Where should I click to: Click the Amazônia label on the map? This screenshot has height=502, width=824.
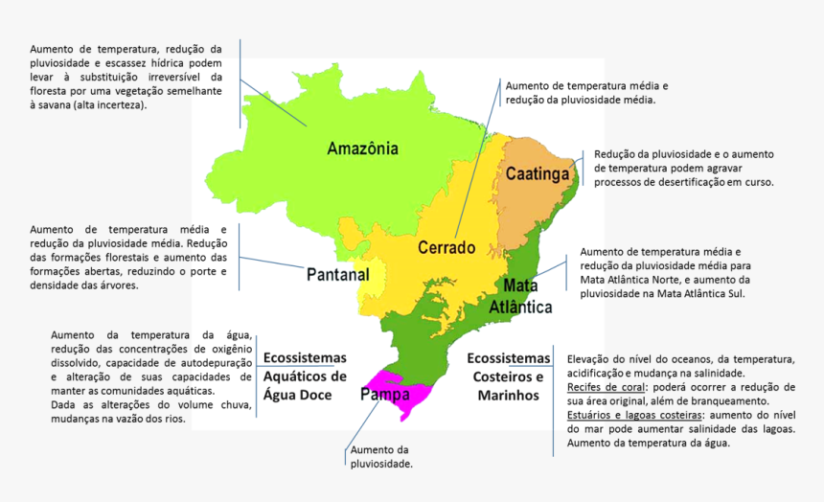(x=362, y=148)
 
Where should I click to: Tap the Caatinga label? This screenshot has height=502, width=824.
(x=538, y=174)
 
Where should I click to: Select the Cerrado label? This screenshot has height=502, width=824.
(x=446, y=247)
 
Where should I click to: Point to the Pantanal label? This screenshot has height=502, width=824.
(x=337, y=275)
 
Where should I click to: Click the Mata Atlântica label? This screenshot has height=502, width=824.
(x=520, y=297)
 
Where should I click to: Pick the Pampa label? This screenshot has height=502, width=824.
(x=385, y=395)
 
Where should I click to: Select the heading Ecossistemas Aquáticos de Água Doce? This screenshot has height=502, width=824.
(x=305, y=376)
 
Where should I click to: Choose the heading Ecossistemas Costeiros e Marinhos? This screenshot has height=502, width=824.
(x=508, y=376)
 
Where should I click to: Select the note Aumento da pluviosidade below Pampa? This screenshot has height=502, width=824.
(x=380, y=456)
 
